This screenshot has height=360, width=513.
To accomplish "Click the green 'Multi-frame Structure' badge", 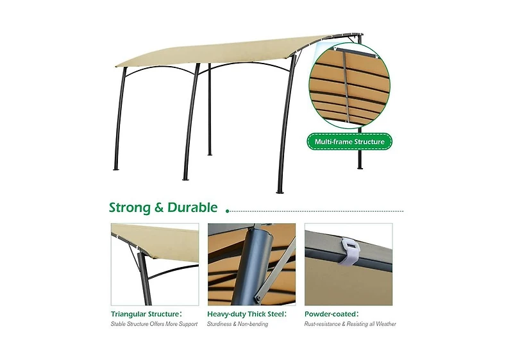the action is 349,142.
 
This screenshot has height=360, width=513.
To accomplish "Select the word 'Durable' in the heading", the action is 192,207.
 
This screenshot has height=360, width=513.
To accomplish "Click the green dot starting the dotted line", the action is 228,211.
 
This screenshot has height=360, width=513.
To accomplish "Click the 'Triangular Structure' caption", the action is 146,314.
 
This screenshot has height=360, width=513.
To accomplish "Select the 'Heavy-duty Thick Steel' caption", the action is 247,314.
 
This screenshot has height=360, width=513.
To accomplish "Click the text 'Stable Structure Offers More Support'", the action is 154,324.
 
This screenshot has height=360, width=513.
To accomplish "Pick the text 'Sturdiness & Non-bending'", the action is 237,324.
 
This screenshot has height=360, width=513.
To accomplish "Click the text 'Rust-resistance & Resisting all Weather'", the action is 350,324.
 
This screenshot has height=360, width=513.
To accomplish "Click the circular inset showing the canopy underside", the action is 349,86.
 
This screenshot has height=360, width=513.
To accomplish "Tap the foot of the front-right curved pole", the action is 280,191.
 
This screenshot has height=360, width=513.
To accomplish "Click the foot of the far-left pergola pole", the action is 116,169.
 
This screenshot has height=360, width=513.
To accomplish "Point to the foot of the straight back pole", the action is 210,154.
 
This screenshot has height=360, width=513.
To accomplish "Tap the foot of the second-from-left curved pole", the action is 186,178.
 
